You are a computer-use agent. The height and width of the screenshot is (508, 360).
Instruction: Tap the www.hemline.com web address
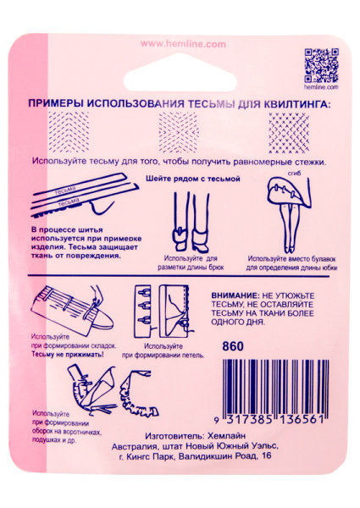click(180, 43)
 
